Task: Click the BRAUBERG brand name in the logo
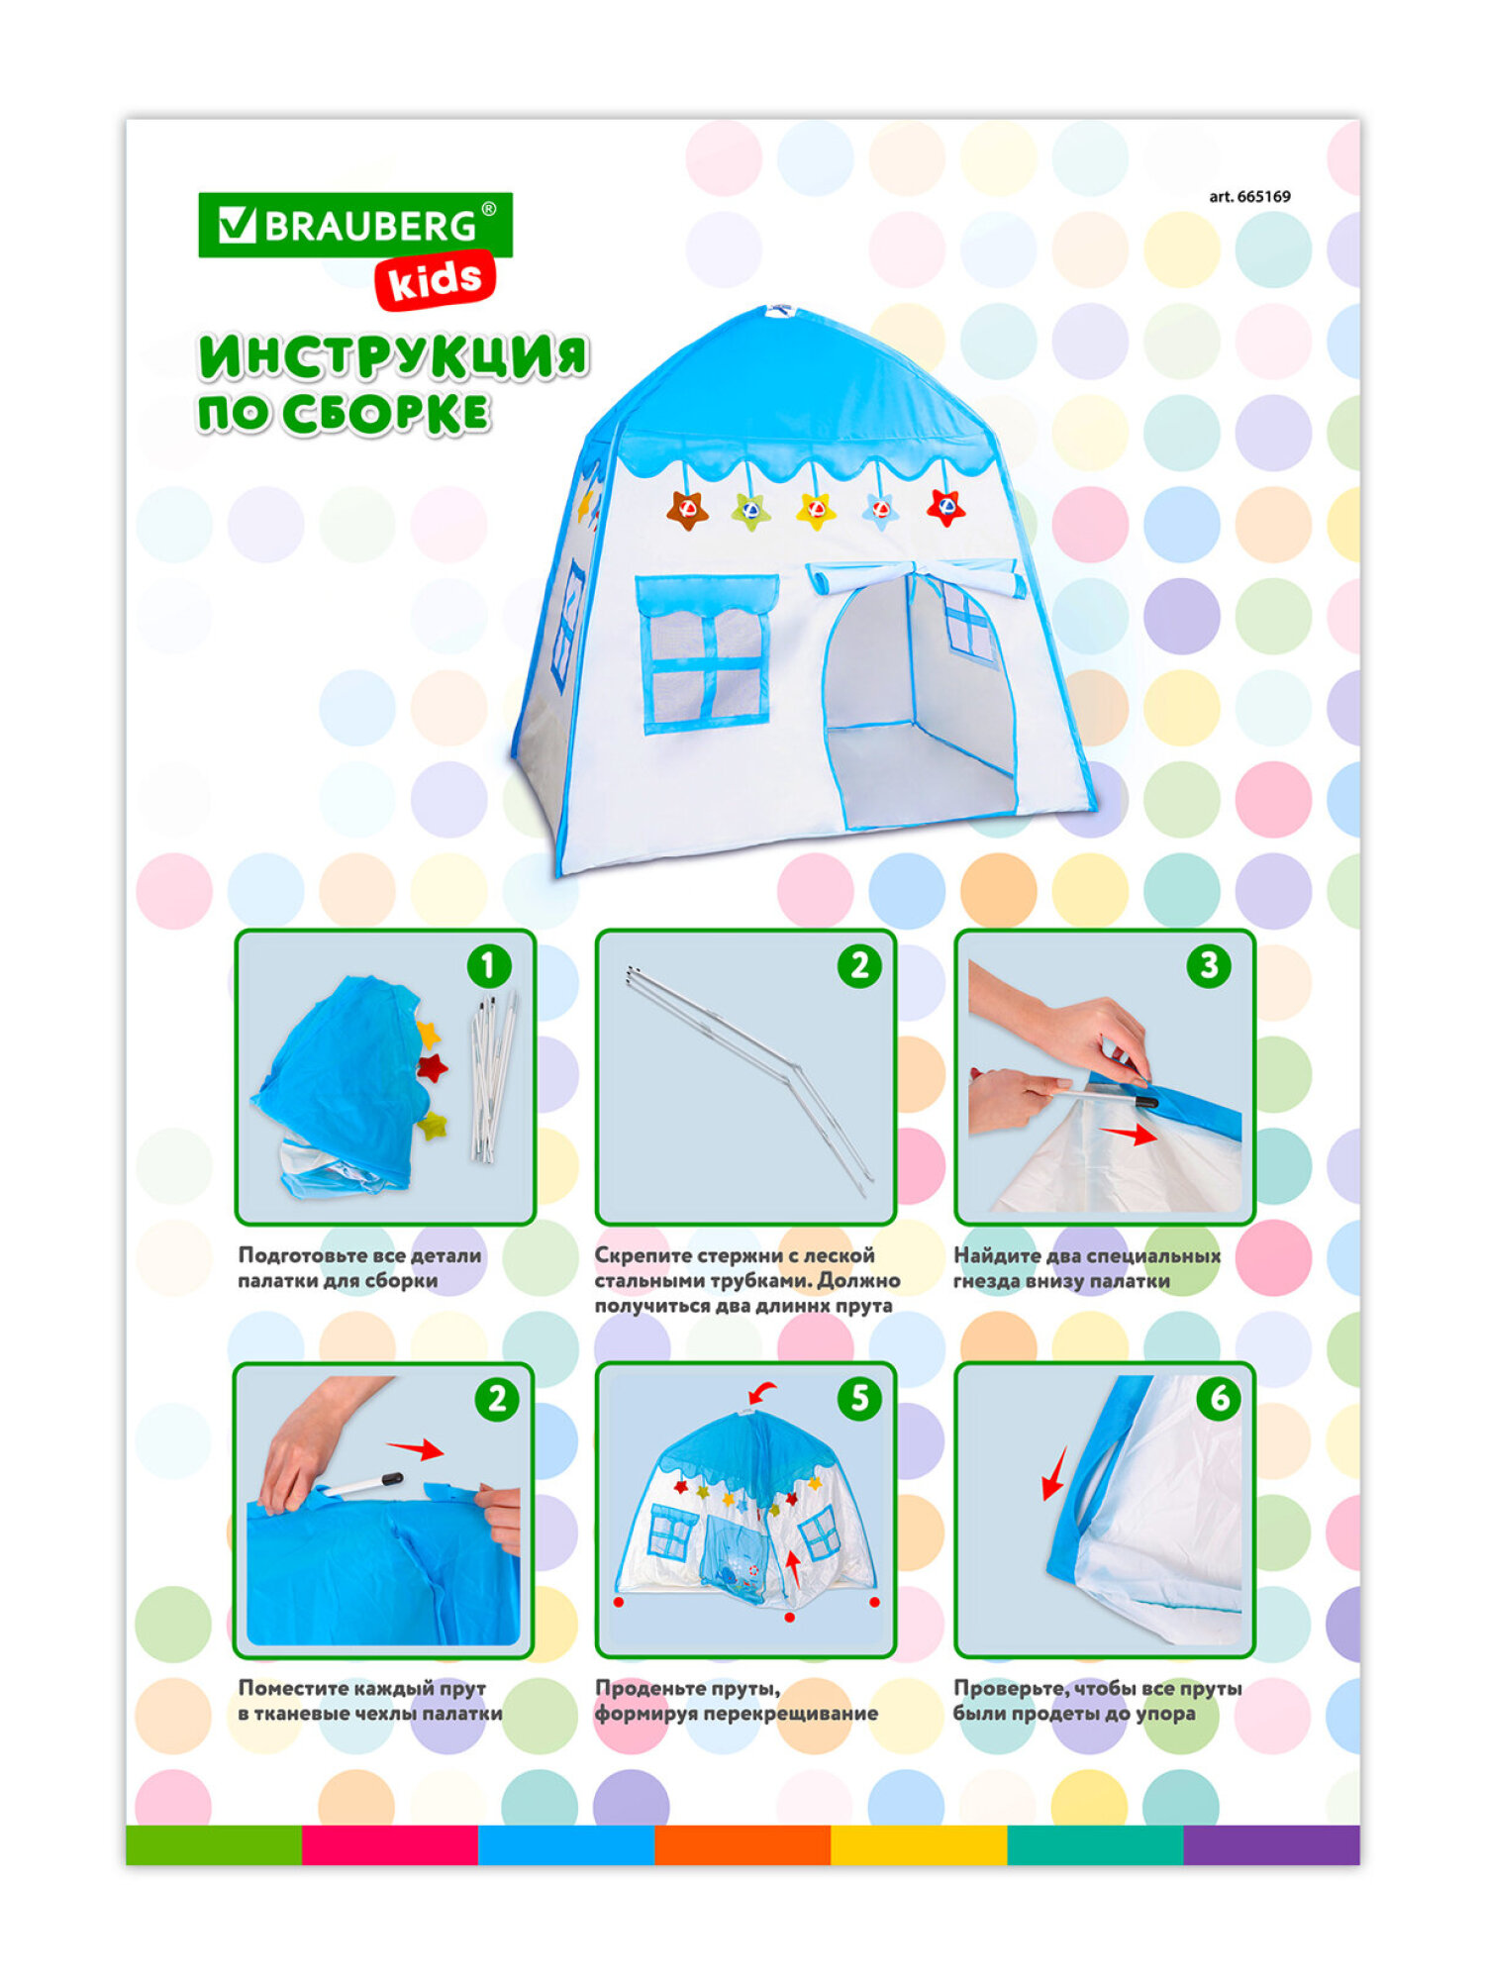[369, 227]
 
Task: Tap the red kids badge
[435, 281]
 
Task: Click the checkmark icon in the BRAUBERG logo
[237, 225]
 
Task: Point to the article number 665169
[1249, 196]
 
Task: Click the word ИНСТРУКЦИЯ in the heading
[393, 358]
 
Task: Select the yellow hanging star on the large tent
[816, 511]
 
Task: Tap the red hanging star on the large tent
[945, 508]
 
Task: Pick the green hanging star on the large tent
[750, 511]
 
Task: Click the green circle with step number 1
[488, 965]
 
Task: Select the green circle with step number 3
[1209, 965]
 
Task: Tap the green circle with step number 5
[859, 1398]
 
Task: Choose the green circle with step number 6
[1219, 1398]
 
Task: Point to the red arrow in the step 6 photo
[1054, 1475]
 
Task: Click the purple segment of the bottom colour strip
[1271, 1845]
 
